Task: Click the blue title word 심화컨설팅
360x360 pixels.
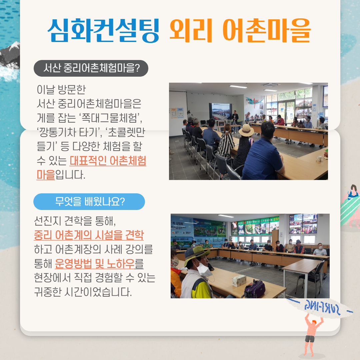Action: click(103, 30)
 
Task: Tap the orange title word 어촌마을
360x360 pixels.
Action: click(266, 30)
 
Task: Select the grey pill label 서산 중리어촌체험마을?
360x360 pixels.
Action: click(91, 68)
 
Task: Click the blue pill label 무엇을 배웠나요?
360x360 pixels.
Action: click(89, 202)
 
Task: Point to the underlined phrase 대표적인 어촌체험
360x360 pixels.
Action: click(108, 161)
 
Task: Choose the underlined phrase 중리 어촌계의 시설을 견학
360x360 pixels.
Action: click(89, 235)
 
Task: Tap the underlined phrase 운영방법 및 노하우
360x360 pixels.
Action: click(95, 264)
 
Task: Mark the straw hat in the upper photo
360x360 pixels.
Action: click(246, 130)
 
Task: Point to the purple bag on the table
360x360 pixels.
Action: click(254, 289)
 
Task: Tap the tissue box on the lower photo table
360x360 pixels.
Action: click(239, 281)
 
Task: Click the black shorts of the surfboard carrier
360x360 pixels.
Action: click(310, 339)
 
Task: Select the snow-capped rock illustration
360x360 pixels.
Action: click(10, 55)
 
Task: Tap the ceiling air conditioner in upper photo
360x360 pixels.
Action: click(271, 85)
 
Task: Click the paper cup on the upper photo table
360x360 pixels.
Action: click(319, 159)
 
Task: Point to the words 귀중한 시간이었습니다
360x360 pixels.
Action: click(83, 292)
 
